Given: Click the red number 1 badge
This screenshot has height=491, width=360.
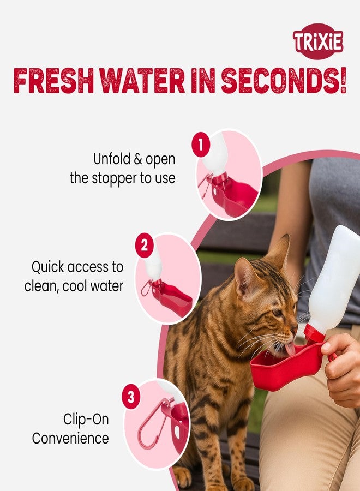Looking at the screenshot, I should pos(201,146).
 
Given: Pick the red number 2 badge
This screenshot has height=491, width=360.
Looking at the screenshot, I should pos(144,246).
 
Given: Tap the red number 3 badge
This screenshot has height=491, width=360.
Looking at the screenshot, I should pos(130,397).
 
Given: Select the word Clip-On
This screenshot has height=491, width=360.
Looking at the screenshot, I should pos(86,419).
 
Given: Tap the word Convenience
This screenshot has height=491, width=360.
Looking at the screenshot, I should pos(70,438).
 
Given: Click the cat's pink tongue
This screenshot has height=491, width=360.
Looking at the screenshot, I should pos(290,349).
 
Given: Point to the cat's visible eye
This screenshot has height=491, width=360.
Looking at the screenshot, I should pos(277,313).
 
